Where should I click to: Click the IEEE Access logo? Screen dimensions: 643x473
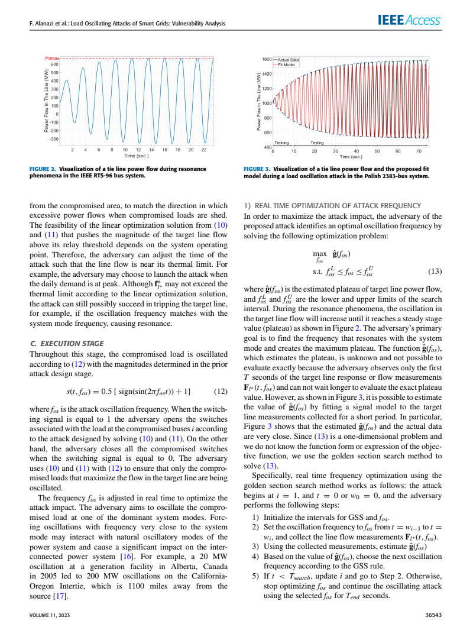coord(409,21)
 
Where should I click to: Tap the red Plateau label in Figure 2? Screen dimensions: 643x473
coord(52,58)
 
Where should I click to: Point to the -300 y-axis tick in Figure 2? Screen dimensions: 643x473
coord(54,139)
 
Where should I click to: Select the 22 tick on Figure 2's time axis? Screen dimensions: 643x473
coord(204,150)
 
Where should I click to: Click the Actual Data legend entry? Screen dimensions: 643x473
coord(289,60)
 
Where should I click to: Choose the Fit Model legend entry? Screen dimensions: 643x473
coord(287,64)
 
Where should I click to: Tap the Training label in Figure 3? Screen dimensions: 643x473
coord(282,143)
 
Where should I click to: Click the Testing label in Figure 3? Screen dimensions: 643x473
coord(317,143)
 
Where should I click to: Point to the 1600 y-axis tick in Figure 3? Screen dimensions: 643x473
coord(267,60)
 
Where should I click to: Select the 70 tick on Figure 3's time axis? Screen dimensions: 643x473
coord(419,151)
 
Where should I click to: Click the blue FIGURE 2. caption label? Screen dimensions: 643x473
coord(43,169)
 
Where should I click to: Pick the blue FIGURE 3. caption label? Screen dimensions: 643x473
coord(257,169)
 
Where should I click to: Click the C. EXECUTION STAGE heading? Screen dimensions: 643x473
coord(66,343)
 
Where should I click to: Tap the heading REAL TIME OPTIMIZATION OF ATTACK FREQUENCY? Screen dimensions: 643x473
coord(336,205)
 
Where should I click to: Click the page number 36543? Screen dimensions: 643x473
coord(433,616)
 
